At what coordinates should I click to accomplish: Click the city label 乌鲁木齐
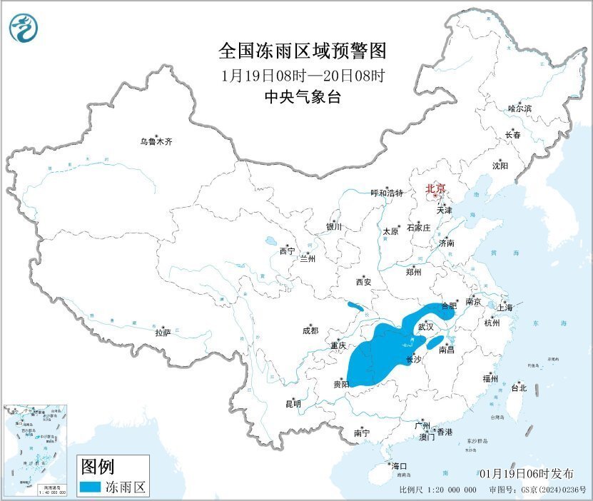(156, 141)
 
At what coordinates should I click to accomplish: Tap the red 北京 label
(435, 188)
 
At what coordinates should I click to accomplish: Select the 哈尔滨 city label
(519, 108)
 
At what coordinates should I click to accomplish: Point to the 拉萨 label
(163, 333)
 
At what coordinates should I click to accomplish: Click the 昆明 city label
(293, 404)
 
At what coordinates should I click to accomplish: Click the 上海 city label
(505, 308)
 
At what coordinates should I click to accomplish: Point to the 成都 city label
(310, 330)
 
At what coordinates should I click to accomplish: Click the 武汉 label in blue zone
(425, 326)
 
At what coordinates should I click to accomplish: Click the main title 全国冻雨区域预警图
(302, 51)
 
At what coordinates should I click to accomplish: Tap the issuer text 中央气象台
(302, 97)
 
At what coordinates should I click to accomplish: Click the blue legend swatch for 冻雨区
(89, 487)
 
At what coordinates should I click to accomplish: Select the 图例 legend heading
(97, 467)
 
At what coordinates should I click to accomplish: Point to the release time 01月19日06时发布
(527, 473)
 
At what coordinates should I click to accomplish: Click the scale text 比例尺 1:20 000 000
(437, 490)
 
